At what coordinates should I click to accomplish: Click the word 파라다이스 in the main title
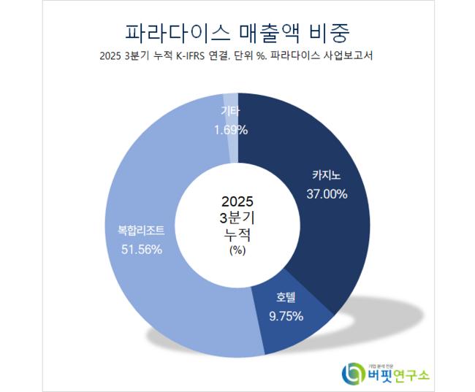(x=172, y=33)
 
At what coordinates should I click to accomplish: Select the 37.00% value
(x=327, y=193)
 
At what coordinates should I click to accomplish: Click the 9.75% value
(x=286, y=316)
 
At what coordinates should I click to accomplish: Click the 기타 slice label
(x=231, y=112)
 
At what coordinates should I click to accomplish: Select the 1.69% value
(x=231, y=130)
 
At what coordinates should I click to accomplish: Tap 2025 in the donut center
(x=237, y=201)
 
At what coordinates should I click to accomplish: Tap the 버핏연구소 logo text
(x=398, y=374)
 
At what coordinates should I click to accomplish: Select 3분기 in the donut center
(x=237, y=218)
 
